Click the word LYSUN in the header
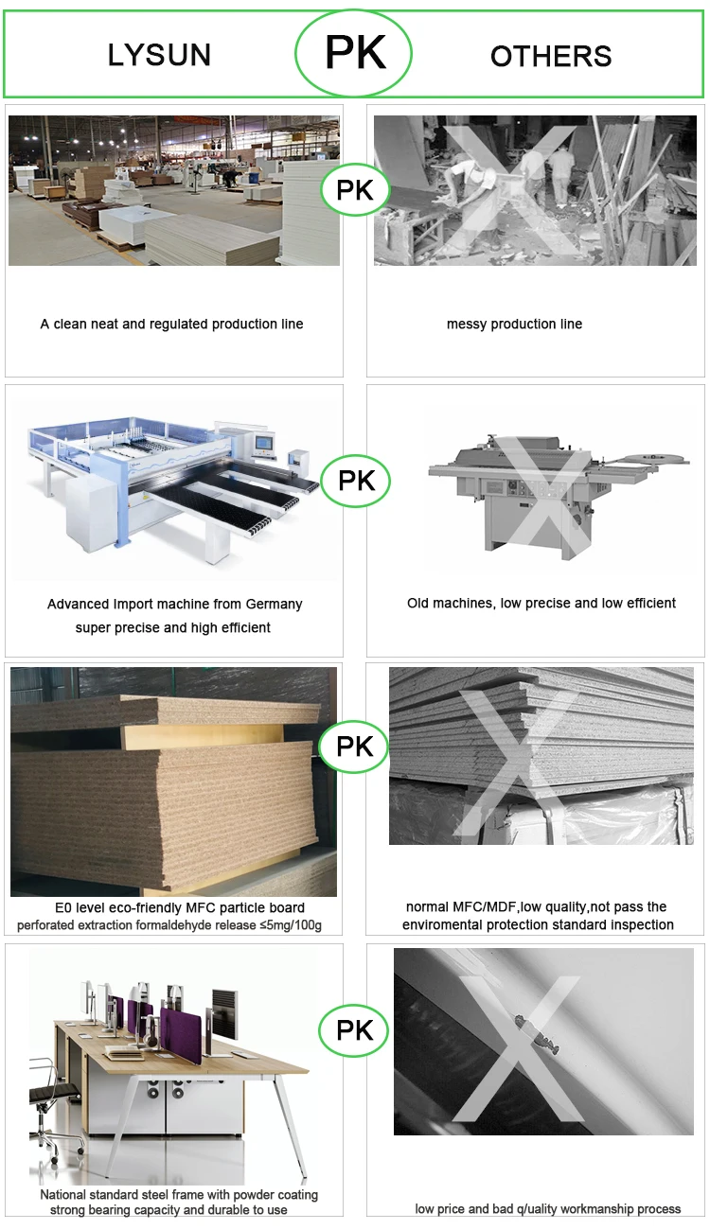tap(159, 55)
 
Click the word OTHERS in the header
tap(551, 56)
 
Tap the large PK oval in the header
tap(353, 52)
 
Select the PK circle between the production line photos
tap(355, 190)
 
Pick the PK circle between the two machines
tap(356, 481)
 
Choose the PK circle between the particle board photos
tap(354, 747)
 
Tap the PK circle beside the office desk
tap(354, 1030)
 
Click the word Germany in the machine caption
tap(275, 605)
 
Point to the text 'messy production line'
tap(514, 324)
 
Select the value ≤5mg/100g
tap(291, 925)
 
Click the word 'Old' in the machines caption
tap(418, 603)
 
